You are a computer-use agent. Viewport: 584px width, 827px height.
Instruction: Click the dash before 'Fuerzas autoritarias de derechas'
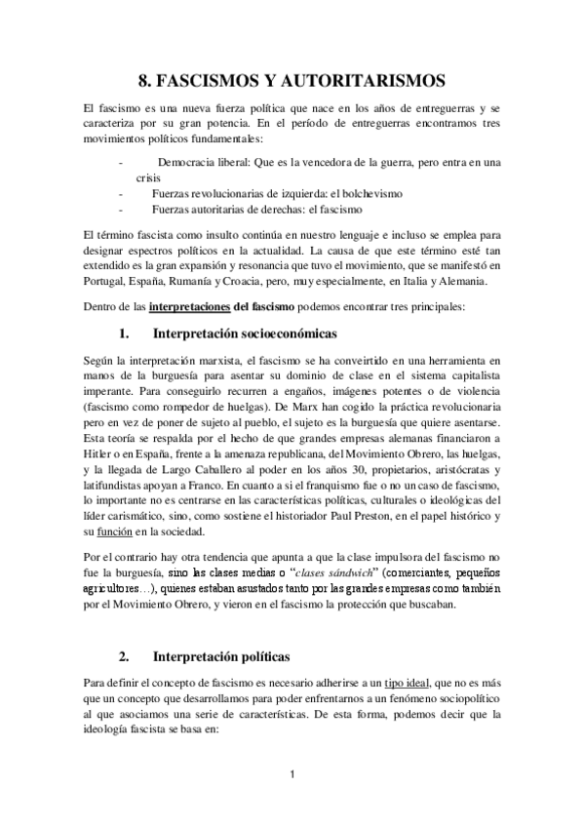(x=120, y=210)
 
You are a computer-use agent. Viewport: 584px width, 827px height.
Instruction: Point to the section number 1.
(x=125, y=334)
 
